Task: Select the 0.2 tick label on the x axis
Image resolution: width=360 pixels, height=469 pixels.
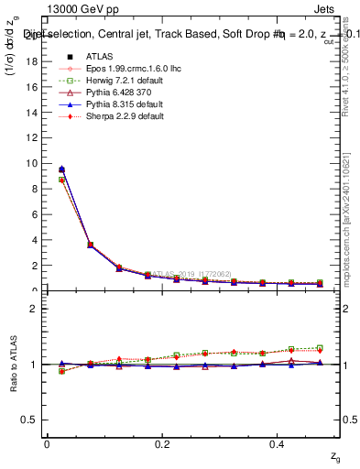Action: pyautogui.click(x=162, y=443)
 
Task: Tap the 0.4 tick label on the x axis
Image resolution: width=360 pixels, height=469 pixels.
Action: pyautogui.click(x=278, y=443)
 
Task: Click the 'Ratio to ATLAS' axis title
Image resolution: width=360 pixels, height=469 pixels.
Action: pyautogui.click(x=13, y=365)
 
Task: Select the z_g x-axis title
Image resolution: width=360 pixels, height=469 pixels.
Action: pyautogui.click(x=335, y=455)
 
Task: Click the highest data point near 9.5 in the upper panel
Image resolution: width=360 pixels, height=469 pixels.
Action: pyautogui.click(x=61, y=169)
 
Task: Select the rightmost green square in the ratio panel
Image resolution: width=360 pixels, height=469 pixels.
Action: pyautogui.click(x=320, y=348)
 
